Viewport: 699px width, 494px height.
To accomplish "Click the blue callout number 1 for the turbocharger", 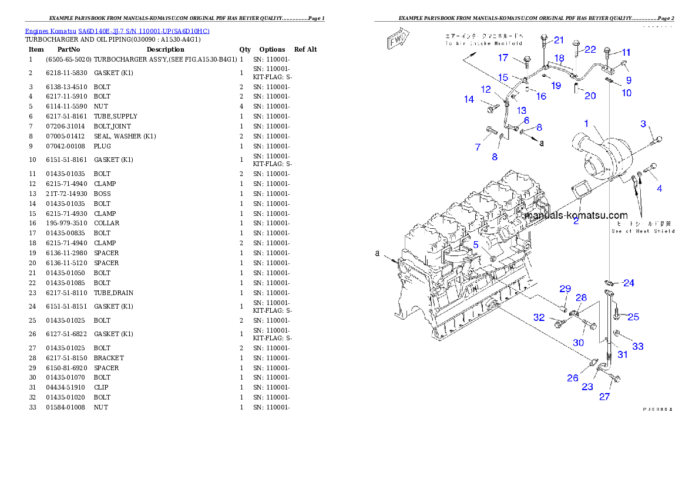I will coord(586,124).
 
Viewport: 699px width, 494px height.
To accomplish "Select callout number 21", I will coord(559,40).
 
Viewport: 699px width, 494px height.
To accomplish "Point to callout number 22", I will coord(590,49).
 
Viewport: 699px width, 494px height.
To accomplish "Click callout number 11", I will coord(626,52).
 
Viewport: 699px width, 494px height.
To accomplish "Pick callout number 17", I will coord(503,57).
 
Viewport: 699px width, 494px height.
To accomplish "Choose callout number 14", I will coord(469,100).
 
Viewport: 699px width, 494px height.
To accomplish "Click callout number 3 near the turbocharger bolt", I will coord(643,124).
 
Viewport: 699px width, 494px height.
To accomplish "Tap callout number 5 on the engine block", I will coord(476,245).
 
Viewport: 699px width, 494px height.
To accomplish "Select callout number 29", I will coord(565,289).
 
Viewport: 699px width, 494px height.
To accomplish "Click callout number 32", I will coord(539,317).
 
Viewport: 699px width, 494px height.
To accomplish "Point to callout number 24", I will coord(629,283).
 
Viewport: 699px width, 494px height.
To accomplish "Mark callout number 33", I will coord(638,346).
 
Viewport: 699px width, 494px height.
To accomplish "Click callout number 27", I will coord(604,397).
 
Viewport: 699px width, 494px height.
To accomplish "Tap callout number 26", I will coord(573,378).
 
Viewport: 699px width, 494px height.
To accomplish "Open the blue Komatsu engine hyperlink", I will coord(117,31).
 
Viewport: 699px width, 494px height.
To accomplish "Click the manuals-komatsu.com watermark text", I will coord(576,215).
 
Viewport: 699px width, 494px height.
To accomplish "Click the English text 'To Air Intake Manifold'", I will coord(483,43).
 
